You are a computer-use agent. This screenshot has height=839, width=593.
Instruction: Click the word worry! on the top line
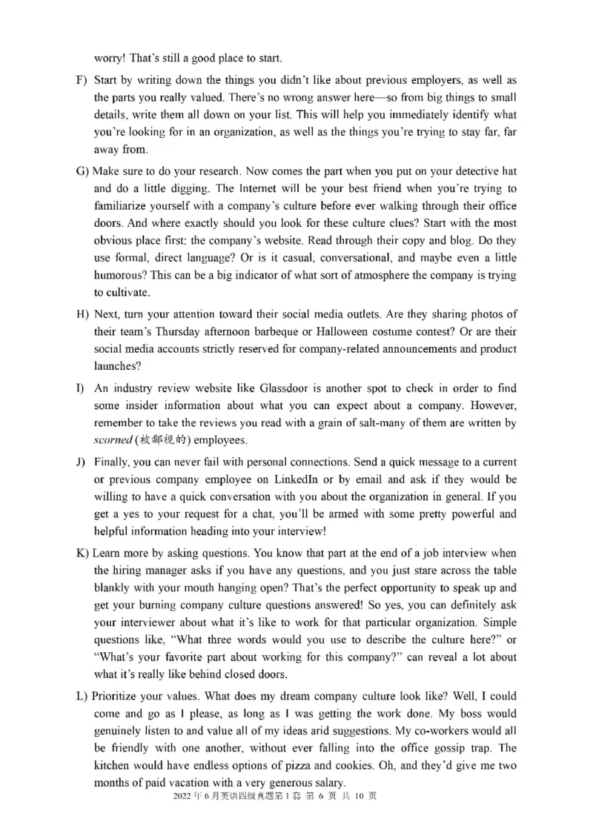(110, 58)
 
